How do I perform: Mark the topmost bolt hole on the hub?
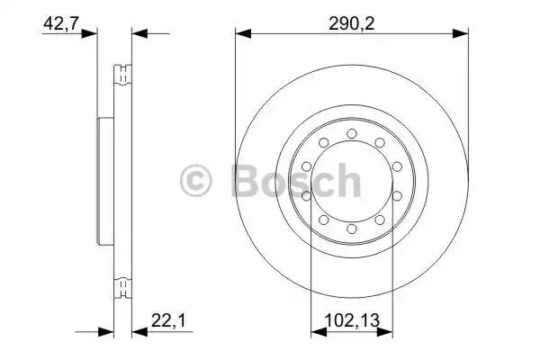click(352, 135)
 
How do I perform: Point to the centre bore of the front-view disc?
click(352, 183)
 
